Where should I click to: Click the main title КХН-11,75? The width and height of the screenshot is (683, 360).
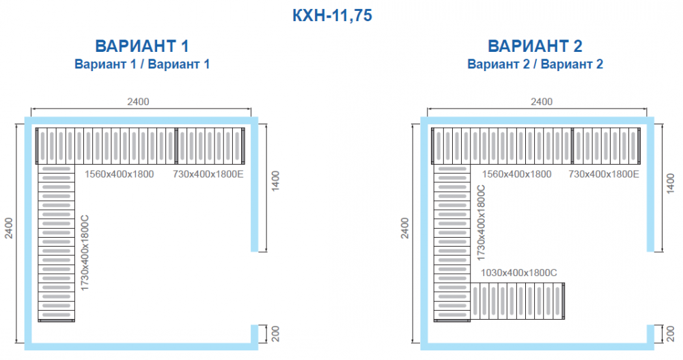332,16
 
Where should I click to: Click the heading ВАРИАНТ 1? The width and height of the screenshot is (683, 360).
142,46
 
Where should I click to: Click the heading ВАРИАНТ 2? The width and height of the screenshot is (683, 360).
535,46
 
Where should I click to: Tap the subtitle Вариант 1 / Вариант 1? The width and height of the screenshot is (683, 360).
142,64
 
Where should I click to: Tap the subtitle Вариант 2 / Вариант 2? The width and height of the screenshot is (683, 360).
535,64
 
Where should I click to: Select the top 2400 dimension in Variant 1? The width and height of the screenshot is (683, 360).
138,102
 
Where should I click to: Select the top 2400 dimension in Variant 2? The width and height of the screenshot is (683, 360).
542,102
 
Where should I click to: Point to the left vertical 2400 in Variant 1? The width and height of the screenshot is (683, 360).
9,228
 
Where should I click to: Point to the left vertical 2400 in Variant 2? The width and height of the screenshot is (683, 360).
404,228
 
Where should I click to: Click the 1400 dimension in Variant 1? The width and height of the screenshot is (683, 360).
275,181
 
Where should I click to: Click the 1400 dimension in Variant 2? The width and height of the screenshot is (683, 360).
671,183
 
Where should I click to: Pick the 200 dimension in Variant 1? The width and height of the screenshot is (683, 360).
275,334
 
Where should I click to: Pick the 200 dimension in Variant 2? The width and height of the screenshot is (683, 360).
671,334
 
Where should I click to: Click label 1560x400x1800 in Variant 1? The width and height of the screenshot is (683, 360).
119,174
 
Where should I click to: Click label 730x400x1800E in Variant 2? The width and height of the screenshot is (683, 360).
604,174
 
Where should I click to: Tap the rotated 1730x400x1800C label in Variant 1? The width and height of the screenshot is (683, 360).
85,252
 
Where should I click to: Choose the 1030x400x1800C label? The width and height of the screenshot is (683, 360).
519,273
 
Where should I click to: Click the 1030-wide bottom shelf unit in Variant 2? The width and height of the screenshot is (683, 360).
518,301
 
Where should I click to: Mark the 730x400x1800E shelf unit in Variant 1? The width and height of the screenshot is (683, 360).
210,146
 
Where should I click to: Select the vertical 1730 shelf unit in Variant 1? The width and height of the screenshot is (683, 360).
57,243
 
